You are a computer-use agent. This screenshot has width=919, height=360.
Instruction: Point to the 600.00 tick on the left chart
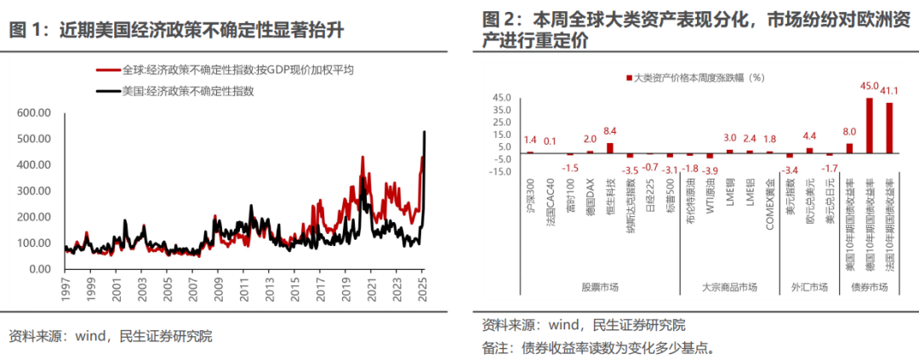[x=35, y=112]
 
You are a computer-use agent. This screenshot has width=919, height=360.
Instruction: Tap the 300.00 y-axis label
[x=35, y=191]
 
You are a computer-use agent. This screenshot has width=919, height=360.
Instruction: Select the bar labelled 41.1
[x=889, y=128]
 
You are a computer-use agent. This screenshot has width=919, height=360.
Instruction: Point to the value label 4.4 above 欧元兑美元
[x=809, y=136]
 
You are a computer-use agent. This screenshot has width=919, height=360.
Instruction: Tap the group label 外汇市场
[x=809, y=288]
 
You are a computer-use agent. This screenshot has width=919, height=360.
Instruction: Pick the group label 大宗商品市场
[x=728, y=288]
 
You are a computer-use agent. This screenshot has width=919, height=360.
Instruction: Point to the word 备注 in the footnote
[x=495, y=347]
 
